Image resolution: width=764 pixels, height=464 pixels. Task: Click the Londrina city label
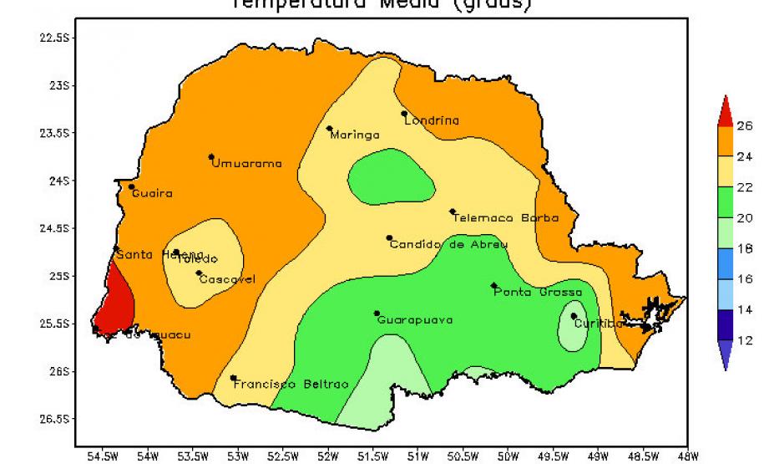pyautogui.click(x=432, y=120)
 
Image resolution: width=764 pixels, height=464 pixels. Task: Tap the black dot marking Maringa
pyautogui.click(x=330, y=129)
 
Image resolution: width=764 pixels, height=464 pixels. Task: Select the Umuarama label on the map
pyautogui.click(x=246, y=163)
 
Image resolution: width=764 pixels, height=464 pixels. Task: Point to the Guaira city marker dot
pyautogui.click(x=131, y=186)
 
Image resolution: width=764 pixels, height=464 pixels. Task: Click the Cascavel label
pyautogui.click(x=227, y=279)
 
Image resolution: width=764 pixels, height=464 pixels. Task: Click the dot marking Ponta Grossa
pyautogui.click(x=493, y=286)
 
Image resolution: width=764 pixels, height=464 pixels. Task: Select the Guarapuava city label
pyautogui.click(x=415, y=319)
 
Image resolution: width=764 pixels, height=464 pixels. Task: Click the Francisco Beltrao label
pyautogui.click(x=291, y=385)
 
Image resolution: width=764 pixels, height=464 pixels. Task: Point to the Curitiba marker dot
pyautogui.click(x=574, y=316)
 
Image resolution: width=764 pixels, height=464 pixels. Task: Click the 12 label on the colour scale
pyautogui.click(x=744, y=340)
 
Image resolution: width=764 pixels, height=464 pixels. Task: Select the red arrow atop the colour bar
pyautogui.click(x=725, y=110)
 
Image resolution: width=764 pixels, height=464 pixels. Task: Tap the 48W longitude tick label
pyautogui.click(x=687, y=456)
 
